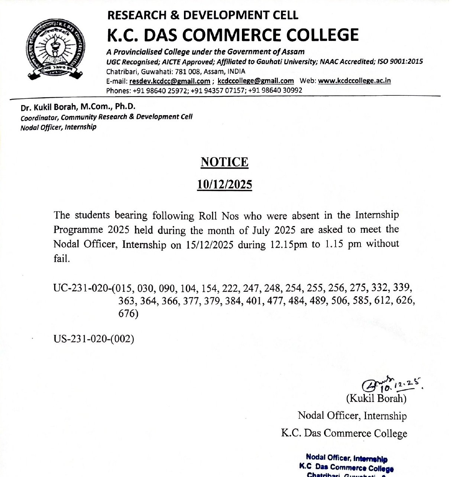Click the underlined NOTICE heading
pos(224,163)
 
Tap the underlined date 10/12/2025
pos(224,184)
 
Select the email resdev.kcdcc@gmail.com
pos(169,81)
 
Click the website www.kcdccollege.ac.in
pos(354,81)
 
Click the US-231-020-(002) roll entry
pos(94,339)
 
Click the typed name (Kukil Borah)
pos(376,399)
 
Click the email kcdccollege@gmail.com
pos(256,81)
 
